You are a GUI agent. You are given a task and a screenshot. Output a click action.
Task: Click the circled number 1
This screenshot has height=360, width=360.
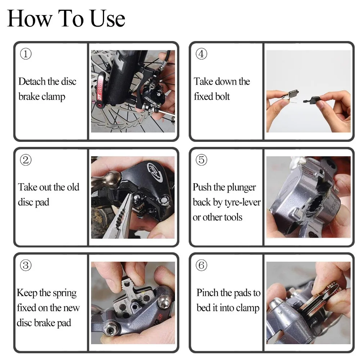(x=26, y=54)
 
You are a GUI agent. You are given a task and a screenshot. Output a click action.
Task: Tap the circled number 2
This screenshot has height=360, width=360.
(x=26, y=160)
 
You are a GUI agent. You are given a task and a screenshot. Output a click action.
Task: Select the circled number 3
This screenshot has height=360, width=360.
(x=26, y=265)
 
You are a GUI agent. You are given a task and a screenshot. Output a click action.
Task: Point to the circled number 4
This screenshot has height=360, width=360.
(x=201, y=54)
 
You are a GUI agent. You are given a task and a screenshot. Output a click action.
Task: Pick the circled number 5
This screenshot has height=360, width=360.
(x=201, y=160)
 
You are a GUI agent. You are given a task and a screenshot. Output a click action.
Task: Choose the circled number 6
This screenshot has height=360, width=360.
(x=201, y=265)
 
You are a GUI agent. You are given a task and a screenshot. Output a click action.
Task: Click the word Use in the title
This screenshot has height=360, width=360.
(x=108, y=18)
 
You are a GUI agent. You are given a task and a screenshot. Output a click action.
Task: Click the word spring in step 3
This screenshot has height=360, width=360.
(x=64, y=293)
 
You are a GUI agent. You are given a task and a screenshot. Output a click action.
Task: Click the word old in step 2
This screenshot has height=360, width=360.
(x=73, y=187)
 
